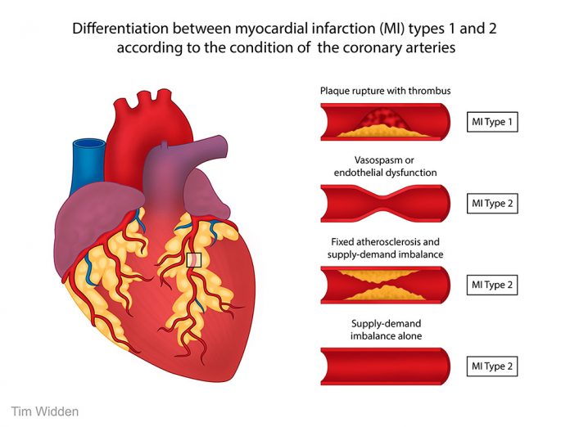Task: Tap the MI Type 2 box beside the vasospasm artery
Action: pyautogui.click(x=491, y=203)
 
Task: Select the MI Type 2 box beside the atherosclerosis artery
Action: pyautogui.click(x=491, y=284)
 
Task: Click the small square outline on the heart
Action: pyautogui.click(x=194, y=260)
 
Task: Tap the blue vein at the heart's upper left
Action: pyautogui.click(x=85, y=159)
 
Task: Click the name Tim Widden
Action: pyautogui.click(x=45, y=411)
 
